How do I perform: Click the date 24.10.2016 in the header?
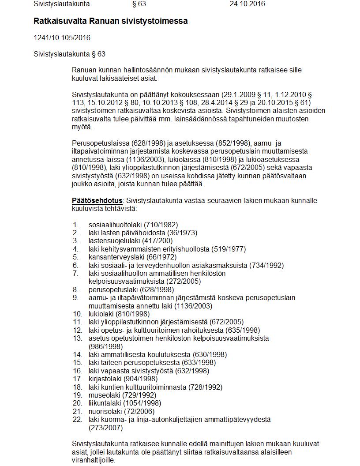click(247, 4)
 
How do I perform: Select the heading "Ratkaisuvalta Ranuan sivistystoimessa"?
click(110, 21)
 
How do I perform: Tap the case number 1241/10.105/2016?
click(62, 38)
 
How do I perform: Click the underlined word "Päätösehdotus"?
click(97, 200)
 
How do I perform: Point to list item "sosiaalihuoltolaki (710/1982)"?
click(133, 225)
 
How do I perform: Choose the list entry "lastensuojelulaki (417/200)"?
click(131, 241)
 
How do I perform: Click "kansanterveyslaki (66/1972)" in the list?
click(132, 257)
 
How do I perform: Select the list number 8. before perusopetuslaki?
click(76, 289)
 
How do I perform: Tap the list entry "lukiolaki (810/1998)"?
click(119, 314)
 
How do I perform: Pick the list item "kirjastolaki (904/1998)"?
click(123, 379)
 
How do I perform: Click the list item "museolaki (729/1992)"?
click(122, 395)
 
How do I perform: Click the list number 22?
click(77, 419)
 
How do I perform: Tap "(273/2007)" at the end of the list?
click(105, 428)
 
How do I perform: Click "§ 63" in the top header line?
click(139, 4)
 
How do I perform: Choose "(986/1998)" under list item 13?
click(105, 346)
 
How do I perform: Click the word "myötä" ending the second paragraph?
click(81, 127)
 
